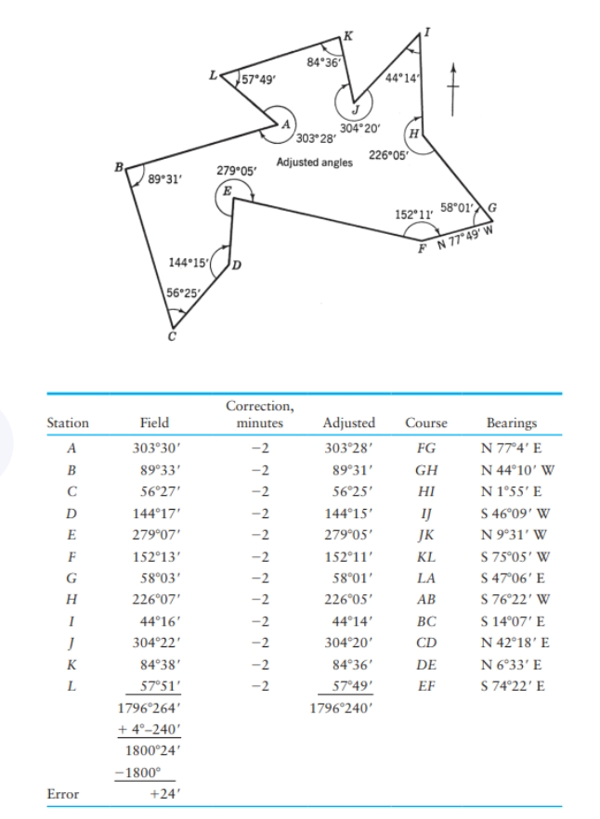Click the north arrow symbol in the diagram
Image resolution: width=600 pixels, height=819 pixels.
[x=455, y=89]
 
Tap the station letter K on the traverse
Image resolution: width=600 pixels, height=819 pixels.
[x=347, y=35]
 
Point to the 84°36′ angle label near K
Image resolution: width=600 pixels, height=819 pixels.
[x=323, y=62]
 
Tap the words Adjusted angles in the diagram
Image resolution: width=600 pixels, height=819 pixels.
[x=315, y=162]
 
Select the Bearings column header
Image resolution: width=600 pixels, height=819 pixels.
[x=511, y=422]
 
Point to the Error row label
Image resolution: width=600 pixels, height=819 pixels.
[x=63, y=794]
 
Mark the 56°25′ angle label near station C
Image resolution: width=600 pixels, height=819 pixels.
[x=181, y=293]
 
